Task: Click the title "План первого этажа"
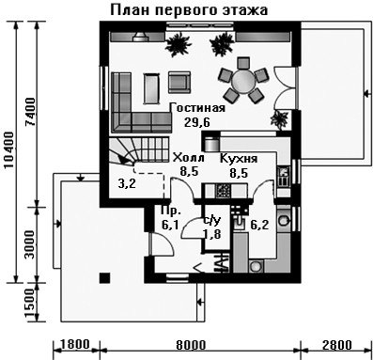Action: tap(189, 10)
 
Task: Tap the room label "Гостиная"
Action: tap(197, 108)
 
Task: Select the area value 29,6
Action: tap(197, 122)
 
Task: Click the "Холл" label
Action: tap(189, 157)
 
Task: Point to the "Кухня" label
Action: tap(239, 159)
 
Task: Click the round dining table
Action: tap(243, 81)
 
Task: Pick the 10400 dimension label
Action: tap(9, 150)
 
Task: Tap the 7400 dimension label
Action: tap(31, 112)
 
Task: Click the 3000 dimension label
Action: tap(30, 244)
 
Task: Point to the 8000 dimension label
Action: tap(191, 345)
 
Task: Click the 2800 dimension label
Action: tap(337, 345)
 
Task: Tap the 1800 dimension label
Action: tap(74, 344)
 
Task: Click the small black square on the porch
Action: tap(105, 278)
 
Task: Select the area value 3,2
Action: tap(127, 184)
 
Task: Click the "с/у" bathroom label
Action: tap(212, 220)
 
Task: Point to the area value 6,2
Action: tap(259, 225)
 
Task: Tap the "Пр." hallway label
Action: tap(170, 211)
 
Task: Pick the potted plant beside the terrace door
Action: tap(279, 119)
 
